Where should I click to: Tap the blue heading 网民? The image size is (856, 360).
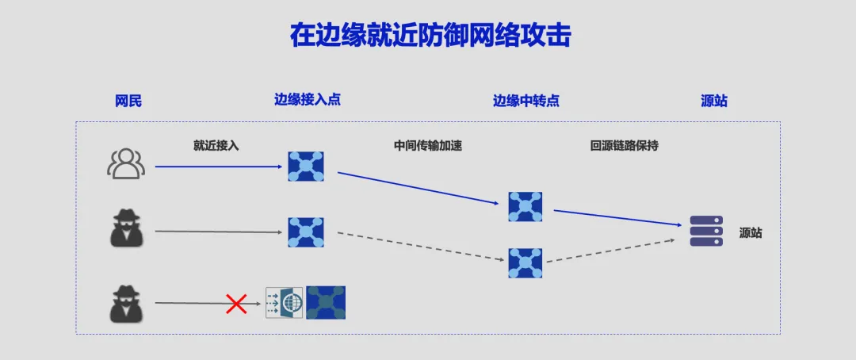click(128, 101)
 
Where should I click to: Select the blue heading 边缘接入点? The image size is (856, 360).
click(307, 100)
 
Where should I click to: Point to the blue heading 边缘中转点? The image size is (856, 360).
click(525, 101)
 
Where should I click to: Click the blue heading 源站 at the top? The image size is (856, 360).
click(713, 101)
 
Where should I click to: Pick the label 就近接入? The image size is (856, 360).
click(216, 146)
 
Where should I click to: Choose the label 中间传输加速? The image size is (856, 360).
click(427, 146)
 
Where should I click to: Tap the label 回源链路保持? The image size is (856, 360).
click(624, 146)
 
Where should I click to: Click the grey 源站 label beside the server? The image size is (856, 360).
click(750, 233)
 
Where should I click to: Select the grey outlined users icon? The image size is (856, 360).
click(126, 164)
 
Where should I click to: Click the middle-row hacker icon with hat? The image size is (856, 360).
click(126, 230)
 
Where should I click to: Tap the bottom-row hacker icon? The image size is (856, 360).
click(126, 303)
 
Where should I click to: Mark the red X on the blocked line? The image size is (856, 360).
click(235, 303)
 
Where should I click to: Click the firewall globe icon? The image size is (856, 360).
click(285, 302)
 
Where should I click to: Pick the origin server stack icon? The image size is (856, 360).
click(706, 231)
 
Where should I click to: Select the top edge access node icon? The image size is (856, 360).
click(306, 167)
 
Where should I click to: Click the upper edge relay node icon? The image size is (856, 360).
click(525, 206)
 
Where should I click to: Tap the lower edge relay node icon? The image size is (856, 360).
click(525, 262)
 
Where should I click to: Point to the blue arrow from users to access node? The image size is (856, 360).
click(218, 167)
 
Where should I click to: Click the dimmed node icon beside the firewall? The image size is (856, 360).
click(326, 302)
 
